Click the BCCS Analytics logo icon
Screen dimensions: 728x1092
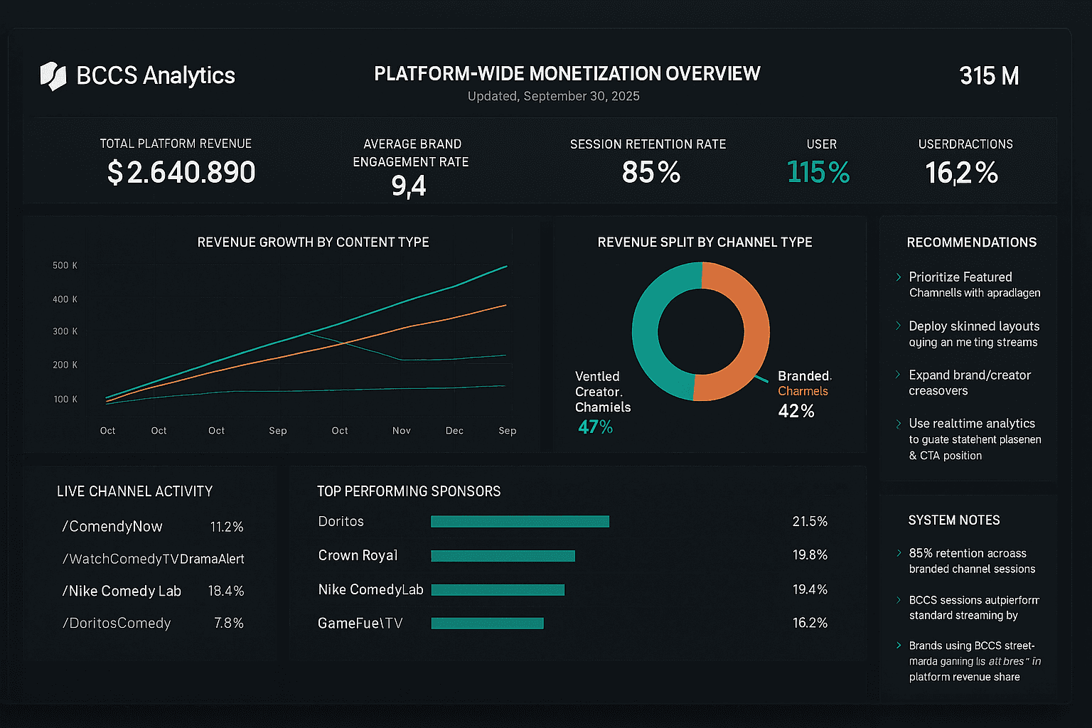click(x=53, y=76)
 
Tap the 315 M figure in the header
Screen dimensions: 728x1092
click(x=989, y=76)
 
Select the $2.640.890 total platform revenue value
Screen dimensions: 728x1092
click(x=181, y=173)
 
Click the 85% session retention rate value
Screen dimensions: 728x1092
click(x=651, y=173)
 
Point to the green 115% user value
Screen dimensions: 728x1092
click(x=818, y=173)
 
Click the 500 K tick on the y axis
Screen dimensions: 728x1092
click(x=65, y=266)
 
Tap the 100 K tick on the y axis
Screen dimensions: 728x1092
click(x=65, y=400)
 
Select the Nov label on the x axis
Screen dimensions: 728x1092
click(x=402, y=431)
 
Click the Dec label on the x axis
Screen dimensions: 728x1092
click(x=454, y=431)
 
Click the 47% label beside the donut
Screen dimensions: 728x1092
click(x=595, y=427)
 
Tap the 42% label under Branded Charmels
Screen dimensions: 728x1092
click(x=796, y=412)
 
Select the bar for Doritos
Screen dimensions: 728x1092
click(x=520, y=522)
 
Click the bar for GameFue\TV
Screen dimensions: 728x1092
click(x=487, y=623)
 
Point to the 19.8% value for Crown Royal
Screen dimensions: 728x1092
click(x=810, y=555)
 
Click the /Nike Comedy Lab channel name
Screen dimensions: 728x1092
click(x=122, y=591)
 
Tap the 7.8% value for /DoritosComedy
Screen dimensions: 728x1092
click(x=228, y=623)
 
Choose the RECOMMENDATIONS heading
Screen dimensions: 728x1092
click(x=971, y=242)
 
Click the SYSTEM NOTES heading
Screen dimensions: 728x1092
click(x=953, y=520)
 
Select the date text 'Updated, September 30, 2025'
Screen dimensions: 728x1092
click(x=553, y=97)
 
